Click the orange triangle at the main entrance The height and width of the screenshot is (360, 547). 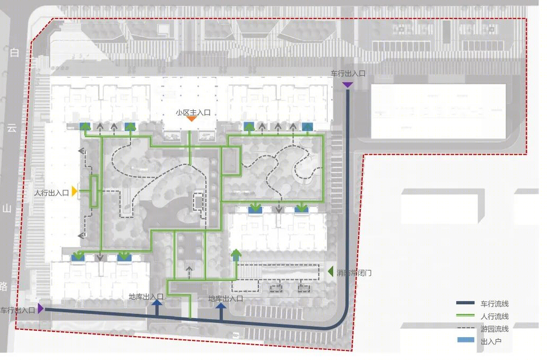coord(192,119)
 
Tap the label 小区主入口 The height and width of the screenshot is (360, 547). coord(193,112)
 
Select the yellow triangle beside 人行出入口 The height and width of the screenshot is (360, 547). coord(74,191)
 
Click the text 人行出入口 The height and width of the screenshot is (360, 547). coord(51,192)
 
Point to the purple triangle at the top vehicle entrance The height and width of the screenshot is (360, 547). coord(348,85)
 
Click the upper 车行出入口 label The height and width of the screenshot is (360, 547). coord(348,74)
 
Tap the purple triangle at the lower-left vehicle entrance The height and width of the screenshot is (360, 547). coord(40,309)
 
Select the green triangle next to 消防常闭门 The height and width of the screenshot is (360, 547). coord(331,271)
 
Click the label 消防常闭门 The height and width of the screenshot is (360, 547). coord(354,273)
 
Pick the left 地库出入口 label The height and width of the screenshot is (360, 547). coord(146,296)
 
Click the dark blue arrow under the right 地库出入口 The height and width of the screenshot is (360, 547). coord(221,311)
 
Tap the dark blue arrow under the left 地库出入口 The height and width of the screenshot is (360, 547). coord(157,308)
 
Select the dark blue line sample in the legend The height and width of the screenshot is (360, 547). coord(465,303)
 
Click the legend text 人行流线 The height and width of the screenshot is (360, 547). coord(494,317)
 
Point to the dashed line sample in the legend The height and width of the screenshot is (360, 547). coord(465,328)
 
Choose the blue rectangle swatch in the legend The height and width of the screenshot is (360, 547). coord(465,340)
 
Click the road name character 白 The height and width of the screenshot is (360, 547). coord(14,52)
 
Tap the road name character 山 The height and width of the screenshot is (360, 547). coord(7,209)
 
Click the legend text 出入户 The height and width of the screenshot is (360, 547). coord(491,341)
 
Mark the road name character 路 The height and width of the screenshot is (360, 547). coord(4,286)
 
